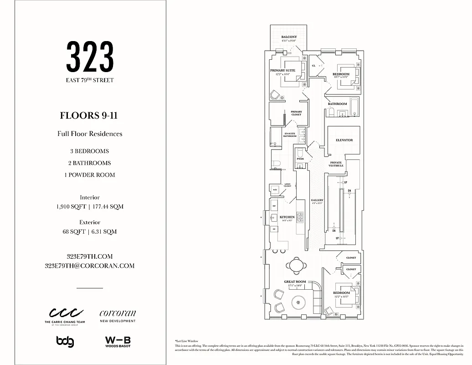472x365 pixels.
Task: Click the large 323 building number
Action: coord(90,57)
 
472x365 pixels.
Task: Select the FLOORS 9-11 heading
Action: coord(89,115)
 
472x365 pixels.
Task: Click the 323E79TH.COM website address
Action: coord(90,256)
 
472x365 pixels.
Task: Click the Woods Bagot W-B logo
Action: coord(118,341)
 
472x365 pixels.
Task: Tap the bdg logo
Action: coord(65,341)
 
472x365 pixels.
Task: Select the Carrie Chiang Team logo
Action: coord(67,315)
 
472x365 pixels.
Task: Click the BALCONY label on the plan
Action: coord(289,37)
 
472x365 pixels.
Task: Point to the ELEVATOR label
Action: coord(344,140)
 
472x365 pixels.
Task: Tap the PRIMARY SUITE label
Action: coord(282,71)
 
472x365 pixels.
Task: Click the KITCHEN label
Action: coord(287,217)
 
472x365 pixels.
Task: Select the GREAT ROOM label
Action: coord(295,282)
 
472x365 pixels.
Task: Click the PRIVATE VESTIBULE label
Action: coord(336,164)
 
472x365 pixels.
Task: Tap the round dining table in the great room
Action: coord(295,265)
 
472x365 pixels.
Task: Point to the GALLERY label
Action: coord(317,200)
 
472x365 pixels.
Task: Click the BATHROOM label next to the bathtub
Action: coord(337,104)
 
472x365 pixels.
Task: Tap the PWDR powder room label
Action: coord(300,159)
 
